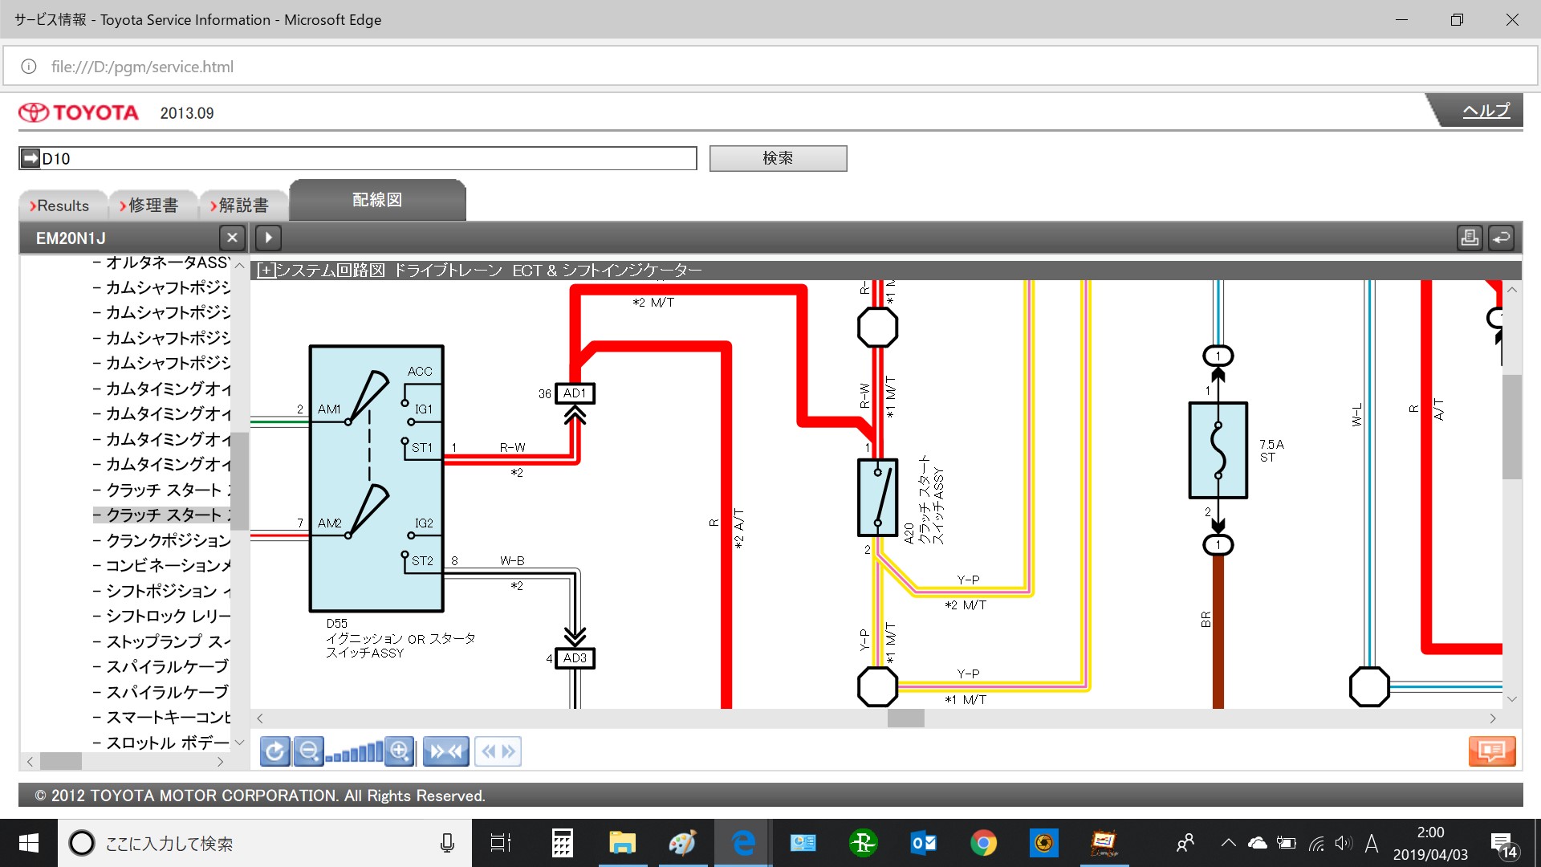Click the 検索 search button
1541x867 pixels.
tap(778, 158)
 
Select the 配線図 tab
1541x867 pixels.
tap(377, 200)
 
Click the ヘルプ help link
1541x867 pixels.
tap(1486, 111)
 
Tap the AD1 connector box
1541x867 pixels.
tap(575, 393)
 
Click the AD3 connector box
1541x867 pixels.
tap(575, 658)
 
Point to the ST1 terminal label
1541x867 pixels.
tap(422, 448)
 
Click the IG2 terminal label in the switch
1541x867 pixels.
tap(424, 523)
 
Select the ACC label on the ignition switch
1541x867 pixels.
tap(420, 372)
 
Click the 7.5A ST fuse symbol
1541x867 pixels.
tap(1218, 450)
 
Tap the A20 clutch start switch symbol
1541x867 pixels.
tap(877, 498)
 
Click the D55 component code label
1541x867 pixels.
tap(337, 624)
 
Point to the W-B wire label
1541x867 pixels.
tap(512, 561)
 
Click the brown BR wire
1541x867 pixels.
tap(1218, 634)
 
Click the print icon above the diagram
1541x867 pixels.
tap(1470, 238)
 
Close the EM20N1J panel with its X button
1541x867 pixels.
tap(232, 238)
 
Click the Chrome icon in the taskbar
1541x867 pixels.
tap(983, 843)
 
